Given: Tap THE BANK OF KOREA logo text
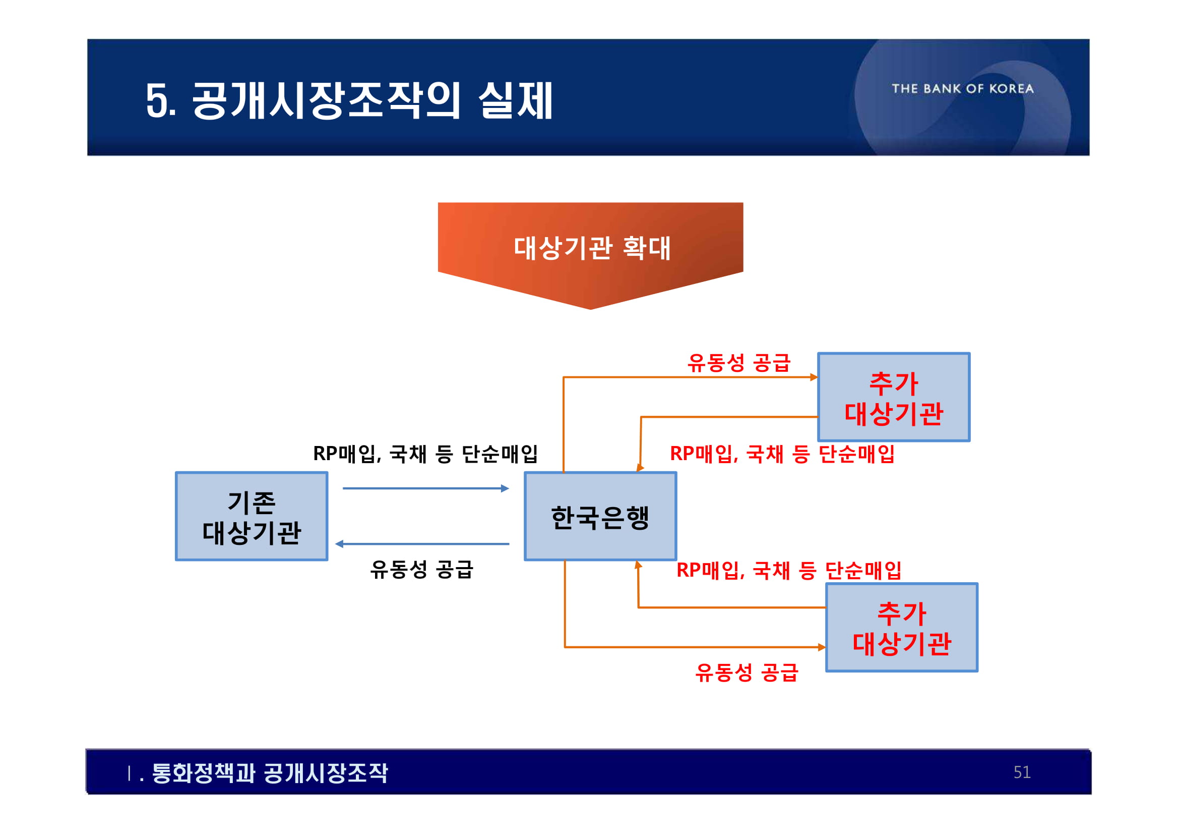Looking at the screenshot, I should click(963, 89).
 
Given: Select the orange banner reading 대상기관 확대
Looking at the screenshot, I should click(591, 248).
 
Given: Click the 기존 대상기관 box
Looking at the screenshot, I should click(252, 517).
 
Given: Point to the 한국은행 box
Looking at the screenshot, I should click(600, 517).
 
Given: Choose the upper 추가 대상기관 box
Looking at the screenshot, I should click(894, 397).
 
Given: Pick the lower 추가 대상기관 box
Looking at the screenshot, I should click(901, 628).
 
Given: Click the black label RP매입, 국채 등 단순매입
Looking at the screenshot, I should click(425, 454).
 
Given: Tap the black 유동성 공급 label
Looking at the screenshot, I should click(421, 570).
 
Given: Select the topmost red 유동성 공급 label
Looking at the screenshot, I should click(739, 363).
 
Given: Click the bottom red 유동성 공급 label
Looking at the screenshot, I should click(747, 672).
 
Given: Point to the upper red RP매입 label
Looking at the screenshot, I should click(782, 454).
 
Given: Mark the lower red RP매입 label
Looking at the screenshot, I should click(789, 571).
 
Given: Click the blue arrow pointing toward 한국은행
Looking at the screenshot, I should click(426, 488).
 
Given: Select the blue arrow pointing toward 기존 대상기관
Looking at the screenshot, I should click(422, 544).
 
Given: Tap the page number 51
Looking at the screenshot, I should click(1022, 772).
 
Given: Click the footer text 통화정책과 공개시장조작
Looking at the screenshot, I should click(270, 773).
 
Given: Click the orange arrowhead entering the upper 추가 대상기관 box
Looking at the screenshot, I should click(814, 377).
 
